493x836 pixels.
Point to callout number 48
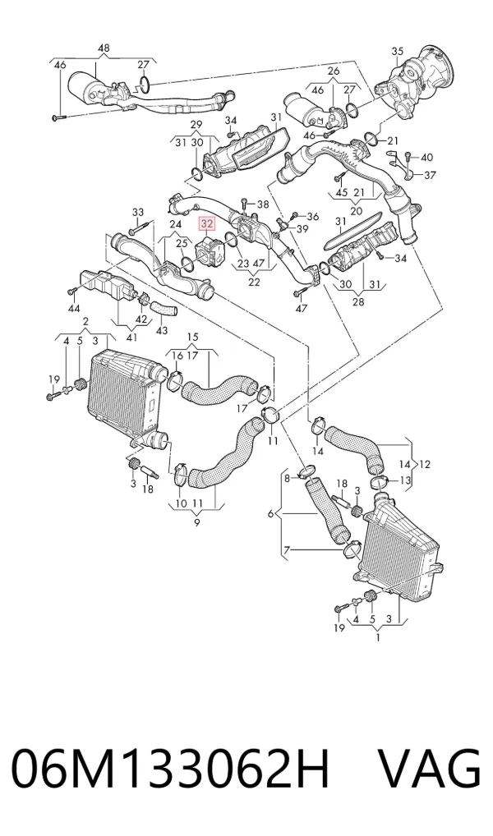pyautogui.click(x=104, y=48)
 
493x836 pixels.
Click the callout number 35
pyautogui.click(x=398, y=52)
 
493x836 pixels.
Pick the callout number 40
pyautogui.click(x=426, y=158)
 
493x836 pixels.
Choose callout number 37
pyautogui.click(x=430, y=175)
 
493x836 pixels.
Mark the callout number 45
pyautogui.click(x=341, y=192)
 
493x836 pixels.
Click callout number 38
pyautogui.click(x=263, y=204)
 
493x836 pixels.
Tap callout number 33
pyautogui.click(x=138, y=212)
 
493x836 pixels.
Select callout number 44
pyautogui.click(x=74, y=308)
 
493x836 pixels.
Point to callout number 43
pyautogui.click(x=162, y=331)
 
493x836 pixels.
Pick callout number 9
pyautogui.click(x=197, y=523)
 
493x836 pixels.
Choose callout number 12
pyautogui.click(x=424, y=464)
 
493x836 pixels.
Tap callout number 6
pyautogui.click(x=270, y=514)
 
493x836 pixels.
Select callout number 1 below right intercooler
pyautogui.click(x=378, y=637)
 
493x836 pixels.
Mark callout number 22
pyautogui.click(x=253, y=282)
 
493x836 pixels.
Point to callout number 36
pyautogui.click(x=313, y=217)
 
